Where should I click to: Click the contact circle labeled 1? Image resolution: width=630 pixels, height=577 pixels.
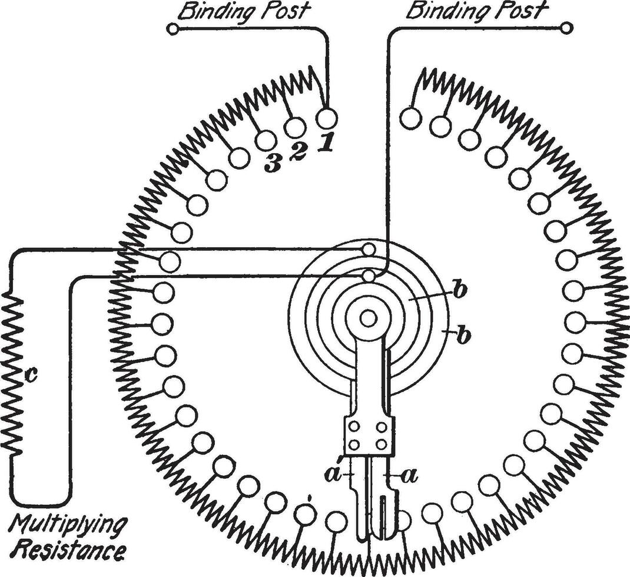tap(327, 117)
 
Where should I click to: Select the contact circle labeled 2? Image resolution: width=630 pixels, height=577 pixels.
tap(294, 127)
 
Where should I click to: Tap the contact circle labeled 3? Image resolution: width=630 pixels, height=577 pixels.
tap(266, 140)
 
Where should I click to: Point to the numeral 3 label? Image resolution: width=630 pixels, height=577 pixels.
tap(272, 165)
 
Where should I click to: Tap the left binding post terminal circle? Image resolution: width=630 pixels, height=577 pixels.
tap(172, 28)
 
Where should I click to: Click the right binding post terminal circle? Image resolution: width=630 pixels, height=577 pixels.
tap(566, 27)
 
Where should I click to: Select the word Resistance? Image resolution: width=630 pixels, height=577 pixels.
tap(69, 552)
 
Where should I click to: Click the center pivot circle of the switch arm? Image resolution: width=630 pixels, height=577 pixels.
tap(369, 319)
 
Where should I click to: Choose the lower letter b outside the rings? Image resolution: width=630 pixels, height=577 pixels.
tap(465, 336)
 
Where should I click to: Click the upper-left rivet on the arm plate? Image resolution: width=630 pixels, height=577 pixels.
tap(355, 426)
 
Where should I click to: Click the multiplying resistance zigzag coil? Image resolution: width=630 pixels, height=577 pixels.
tap(13, 374)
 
